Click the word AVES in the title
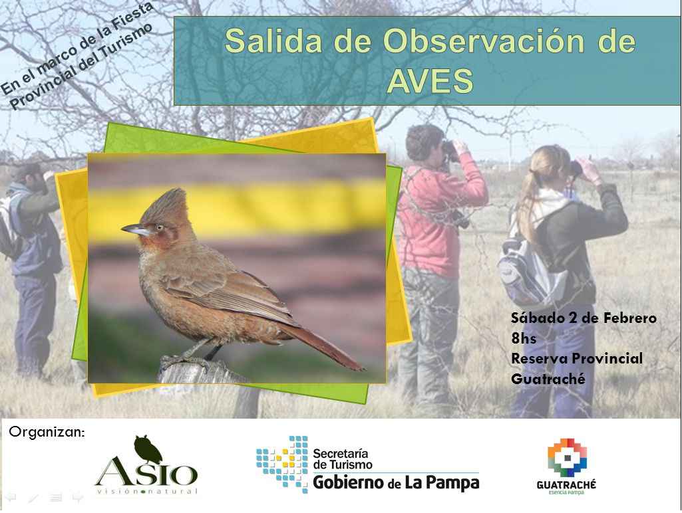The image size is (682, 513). pyautogui.click(x=430, y=80)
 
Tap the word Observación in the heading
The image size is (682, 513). pyautogui.click(x=484, y=41)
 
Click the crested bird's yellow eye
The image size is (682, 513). pyautogui.click(x=160, y=227)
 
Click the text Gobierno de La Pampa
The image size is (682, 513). pyautogui.click(x=396, y=482)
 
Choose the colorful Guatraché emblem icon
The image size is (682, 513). pyautogui.click(x=567, y=457)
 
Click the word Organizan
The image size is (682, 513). pyautogui.click(x=47, y=432)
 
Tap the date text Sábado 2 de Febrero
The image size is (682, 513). pyautogui.click(x=584, y=318)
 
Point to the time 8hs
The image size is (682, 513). pyautogui.click(x=523, y=338)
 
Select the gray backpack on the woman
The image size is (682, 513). pyautogui.click(x=528, y=269)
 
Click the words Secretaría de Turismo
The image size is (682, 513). pyautogui.click(x=342, y=459)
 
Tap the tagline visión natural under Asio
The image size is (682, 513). pyautogui.click(x=146, y=491)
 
